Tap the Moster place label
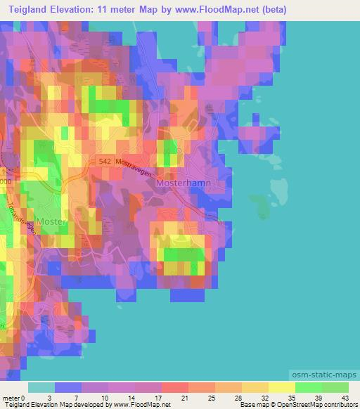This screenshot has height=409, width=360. [x=52, y=221]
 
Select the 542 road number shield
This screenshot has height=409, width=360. [x=105, y=161]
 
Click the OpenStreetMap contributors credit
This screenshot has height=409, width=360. [x=323, y=404]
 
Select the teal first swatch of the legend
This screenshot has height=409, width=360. [x=41, y=387]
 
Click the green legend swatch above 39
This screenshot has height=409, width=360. [x=309, y=387]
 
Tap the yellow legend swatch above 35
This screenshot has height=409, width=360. [x=282, y=387]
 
